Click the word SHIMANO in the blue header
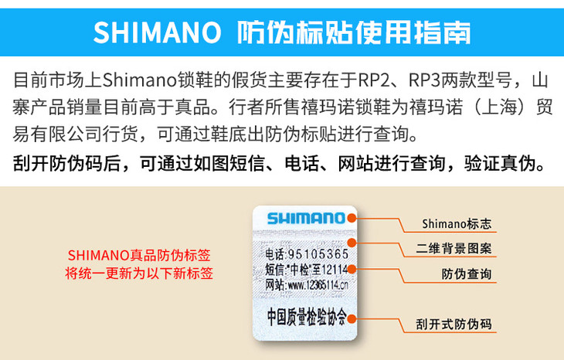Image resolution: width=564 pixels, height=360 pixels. pos(157,32)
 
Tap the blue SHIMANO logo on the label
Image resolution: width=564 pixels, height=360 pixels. pos(305,218)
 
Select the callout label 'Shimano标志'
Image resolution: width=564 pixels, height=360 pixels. pos(457,225)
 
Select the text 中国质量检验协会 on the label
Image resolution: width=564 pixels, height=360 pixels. pos(304,317)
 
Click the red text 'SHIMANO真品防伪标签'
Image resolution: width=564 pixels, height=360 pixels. pos(139,255)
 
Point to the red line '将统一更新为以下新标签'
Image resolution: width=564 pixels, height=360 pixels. pos(139,273)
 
